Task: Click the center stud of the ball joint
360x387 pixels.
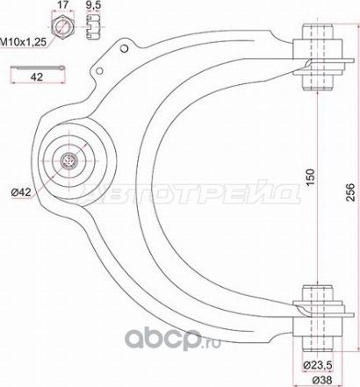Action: click(x=70, y=161)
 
